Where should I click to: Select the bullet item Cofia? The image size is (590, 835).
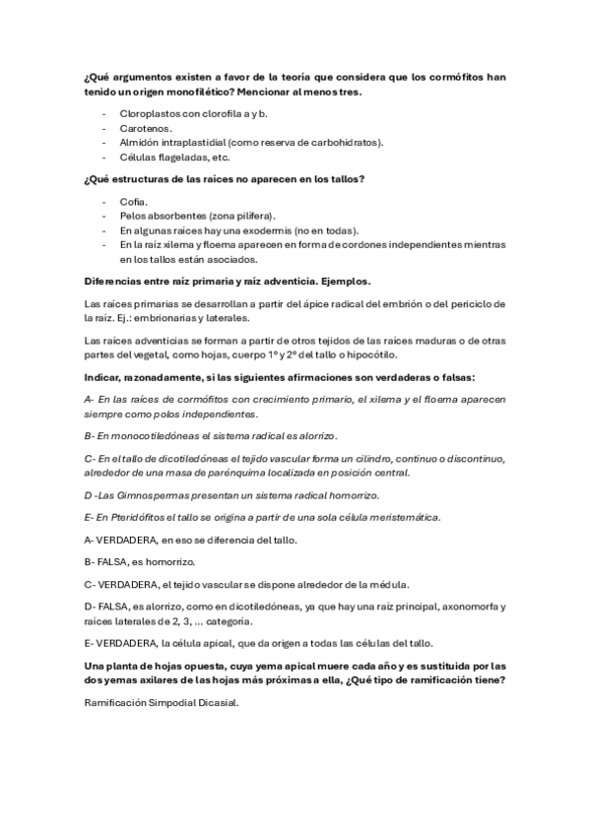[x=133, y=200]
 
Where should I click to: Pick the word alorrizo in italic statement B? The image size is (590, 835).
[x=315, y=435]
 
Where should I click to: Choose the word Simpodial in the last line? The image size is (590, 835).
[x=168, y=703]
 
